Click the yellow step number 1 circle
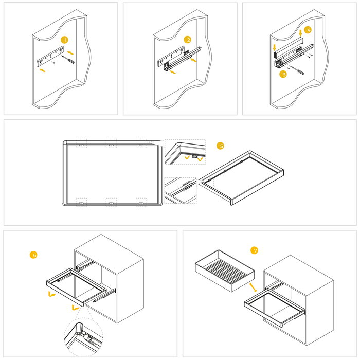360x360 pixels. [x=64, y=40]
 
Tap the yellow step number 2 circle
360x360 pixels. [x=188, y=40]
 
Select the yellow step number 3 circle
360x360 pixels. [x=283, y=74]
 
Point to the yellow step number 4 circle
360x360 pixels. [x=307, y=30]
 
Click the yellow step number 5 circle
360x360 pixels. [x=221, y=146]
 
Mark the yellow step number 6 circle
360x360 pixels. [x=34, y=255]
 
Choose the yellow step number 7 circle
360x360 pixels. [x=254, y=250]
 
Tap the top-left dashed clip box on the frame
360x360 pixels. [x=81, y=143]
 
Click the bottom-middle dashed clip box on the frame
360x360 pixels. [x=111, y=202]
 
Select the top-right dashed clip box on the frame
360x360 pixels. [x=141, y=143]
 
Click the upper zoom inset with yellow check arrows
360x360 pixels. [x=185, y=152]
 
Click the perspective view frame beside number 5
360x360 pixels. [x=242, y=177]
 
